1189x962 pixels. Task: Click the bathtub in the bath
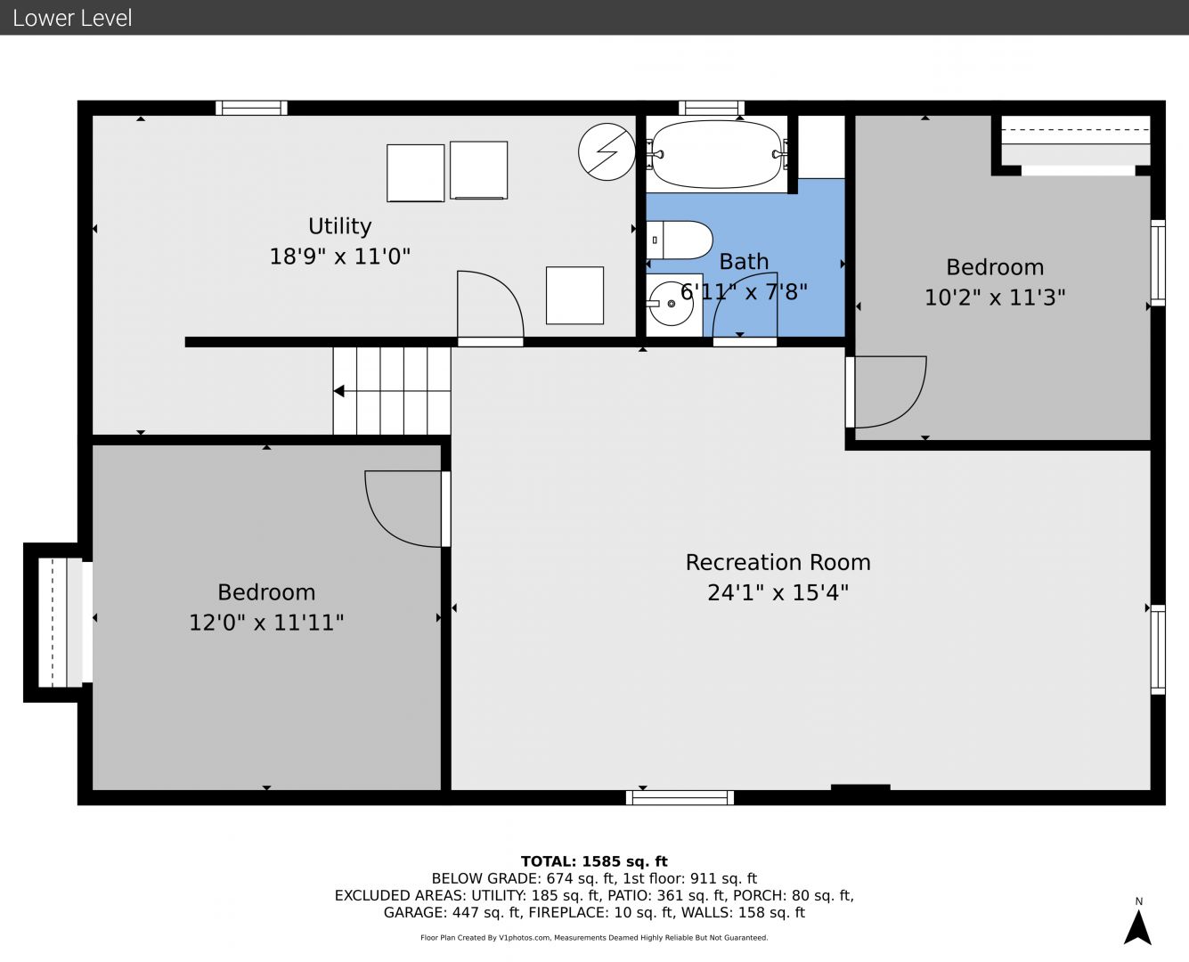717,154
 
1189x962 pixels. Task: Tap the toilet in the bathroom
680,240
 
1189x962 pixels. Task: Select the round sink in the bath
671,303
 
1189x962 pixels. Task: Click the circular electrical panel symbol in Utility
607,151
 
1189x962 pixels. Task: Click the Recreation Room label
778,562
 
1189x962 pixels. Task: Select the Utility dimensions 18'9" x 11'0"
340,257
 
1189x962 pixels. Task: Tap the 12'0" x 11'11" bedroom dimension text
266,623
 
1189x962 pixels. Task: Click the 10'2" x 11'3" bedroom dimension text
995,298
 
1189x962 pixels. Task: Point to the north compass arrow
1137,927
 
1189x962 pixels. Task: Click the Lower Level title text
72,18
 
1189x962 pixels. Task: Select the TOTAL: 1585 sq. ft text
594,861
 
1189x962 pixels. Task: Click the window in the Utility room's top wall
251,108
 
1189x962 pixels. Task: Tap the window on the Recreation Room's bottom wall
680,797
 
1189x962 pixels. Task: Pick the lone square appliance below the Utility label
574,296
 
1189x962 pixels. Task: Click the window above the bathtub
711,108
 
